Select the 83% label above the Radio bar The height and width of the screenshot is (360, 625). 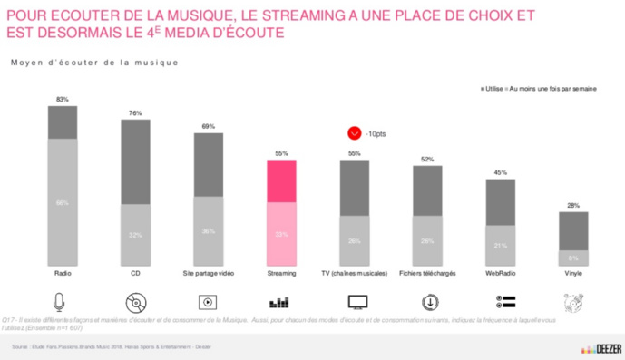coord(62,98)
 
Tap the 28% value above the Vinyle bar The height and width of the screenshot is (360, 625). coord(573,206)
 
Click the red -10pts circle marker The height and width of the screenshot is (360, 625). coord(355,133)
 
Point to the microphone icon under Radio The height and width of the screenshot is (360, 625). coord(62,302)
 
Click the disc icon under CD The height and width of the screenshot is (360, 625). coord(134,302)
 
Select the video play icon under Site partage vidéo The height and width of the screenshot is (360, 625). coord(208,302)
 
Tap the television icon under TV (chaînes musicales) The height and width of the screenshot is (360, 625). coord(355,302)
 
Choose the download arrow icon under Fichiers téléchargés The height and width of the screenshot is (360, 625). coord(428,302)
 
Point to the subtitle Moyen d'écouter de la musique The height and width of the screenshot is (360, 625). coord(94,63)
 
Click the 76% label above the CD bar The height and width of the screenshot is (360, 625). coord(134,113)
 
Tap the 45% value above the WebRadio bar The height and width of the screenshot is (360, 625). coord(501,172)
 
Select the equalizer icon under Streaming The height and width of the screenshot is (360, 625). coord(281,302)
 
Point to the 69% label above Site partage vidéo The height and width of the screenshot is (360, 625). coord(208,127)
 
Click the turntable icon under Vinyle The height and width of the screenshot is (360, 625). coord(573,302)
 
